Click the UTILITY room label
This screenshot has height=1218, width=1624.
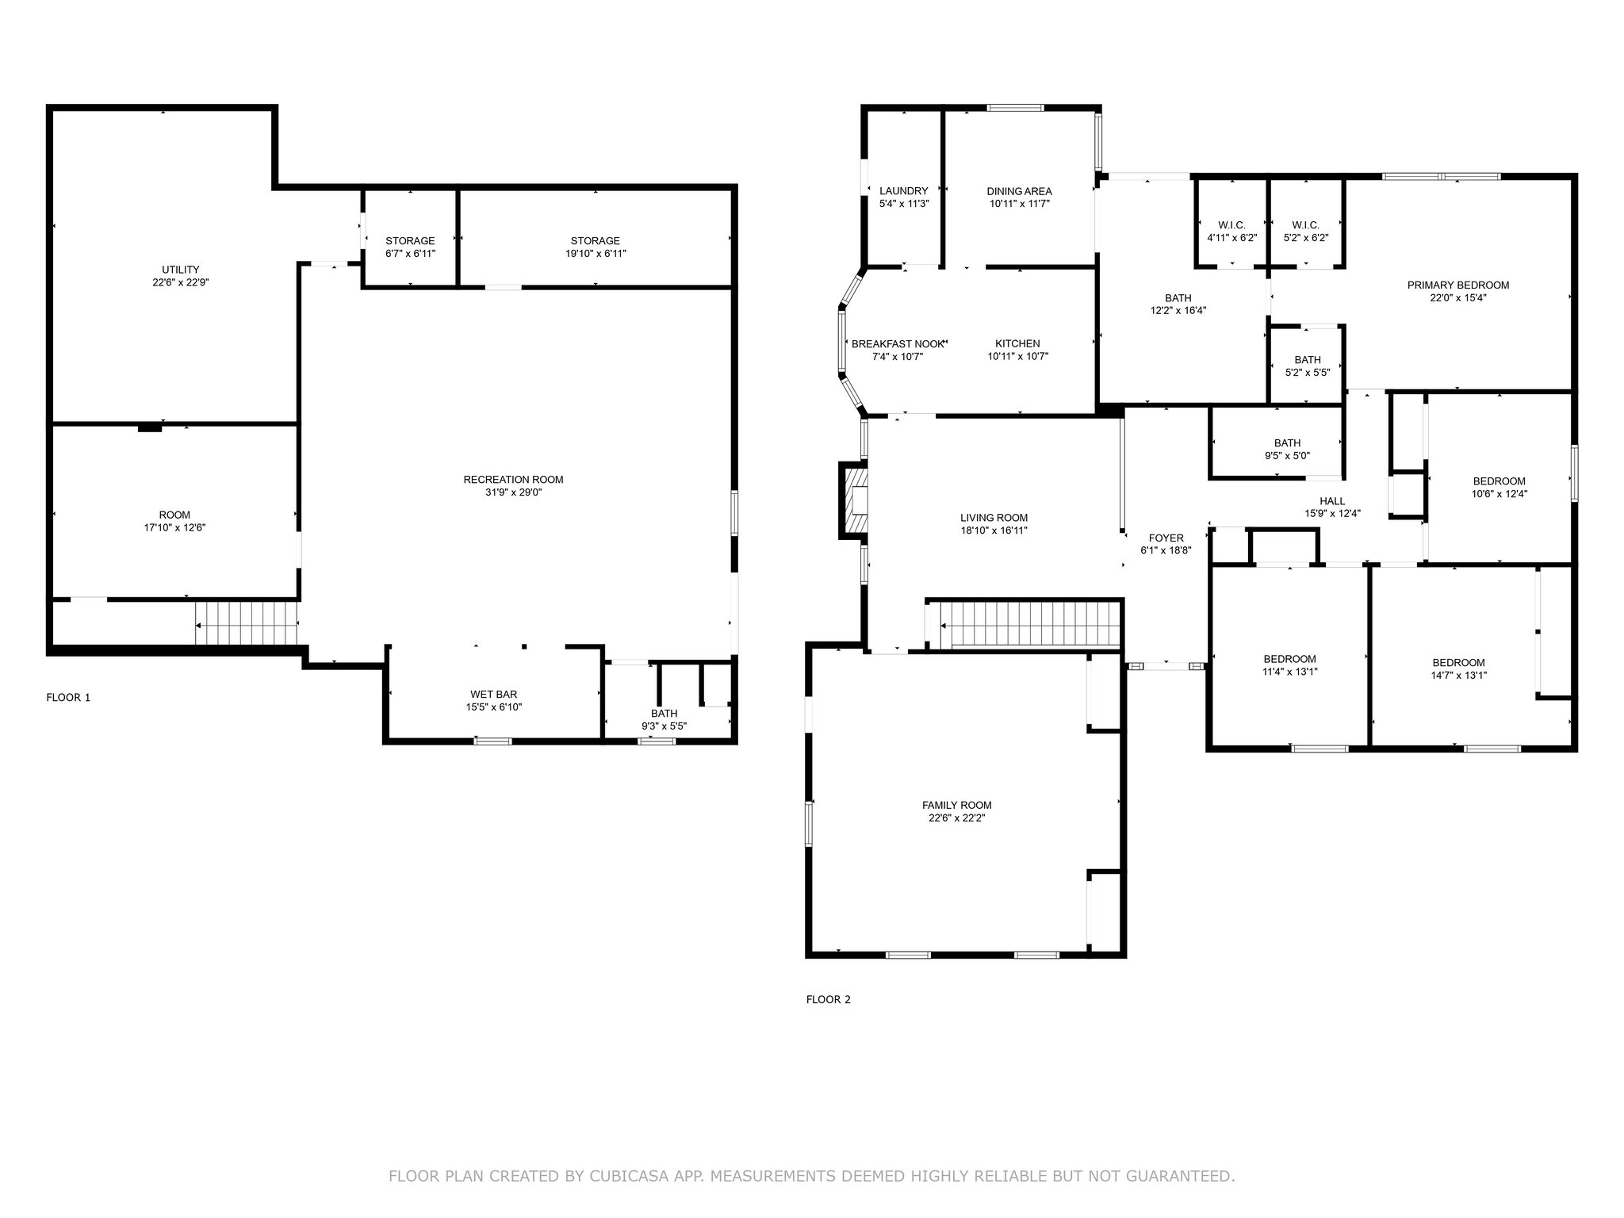(181, 270)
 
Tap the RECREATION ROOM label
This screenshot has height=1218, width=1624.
(513, 480)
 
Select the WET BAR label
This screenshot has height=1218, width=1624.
(494, 695)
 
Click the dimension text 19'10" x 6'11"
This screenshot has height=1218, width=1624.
(596, 254)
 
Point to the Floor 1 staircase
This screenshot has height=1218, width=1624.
(247, 622)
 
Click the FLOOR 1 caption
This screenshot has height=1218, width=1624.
(68, 698)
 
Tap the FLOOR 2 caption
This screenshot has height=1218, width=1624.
(828, 1000)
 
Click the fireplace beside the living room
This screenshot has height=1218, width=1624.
(854, 503)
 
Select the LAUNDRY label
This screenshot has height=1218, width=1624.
(904, 191)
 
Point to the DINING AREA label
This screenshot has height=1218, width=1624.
(1019, 191)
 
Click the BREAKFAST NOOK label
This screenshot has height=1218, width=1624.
(898, 344)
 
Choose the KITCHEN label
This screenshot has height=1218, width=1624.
(1017, 344)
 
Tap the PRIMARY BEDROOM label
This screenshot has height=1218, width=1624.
(1458, 285)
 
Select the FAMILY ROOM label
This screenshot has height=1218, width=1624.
(956, 806)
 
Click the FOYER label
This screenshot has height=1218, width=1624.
(1166, 538)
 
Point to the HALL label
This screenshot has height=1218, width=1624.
(1332, 501)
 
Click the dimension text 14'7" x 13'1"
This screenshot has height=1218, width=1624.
(1458, 676)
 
